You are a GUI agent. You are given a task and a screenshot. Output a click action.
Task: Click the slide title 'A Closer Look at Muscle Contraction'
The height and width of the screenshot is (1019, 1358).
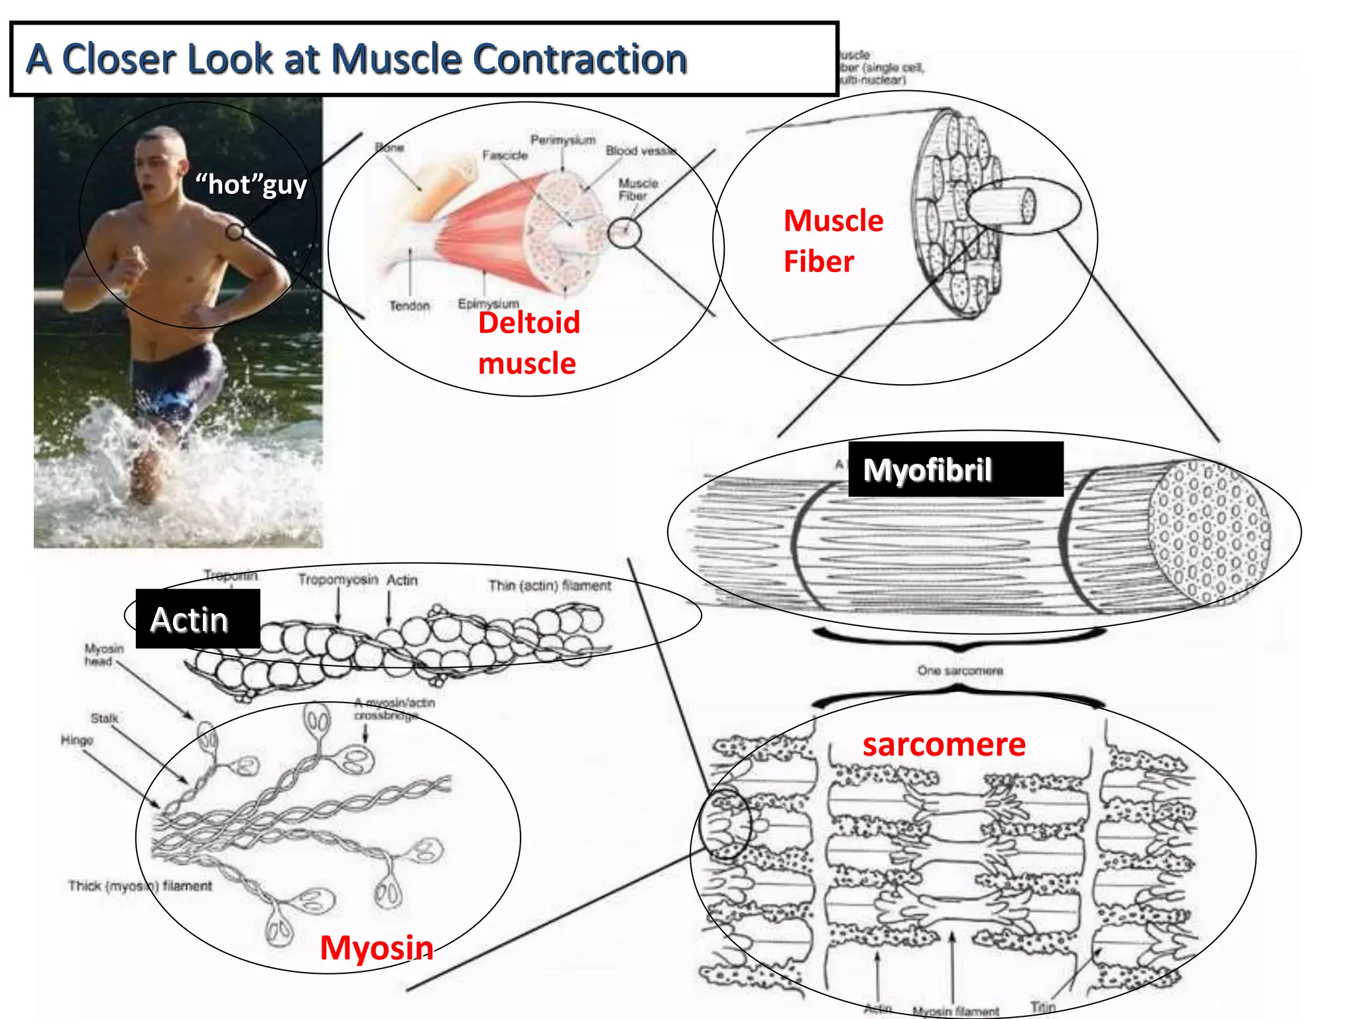(356, 59)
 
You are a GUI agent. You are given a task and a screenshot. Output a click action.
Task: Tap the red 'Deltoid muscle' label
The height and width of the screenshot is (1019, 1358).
(528, 343)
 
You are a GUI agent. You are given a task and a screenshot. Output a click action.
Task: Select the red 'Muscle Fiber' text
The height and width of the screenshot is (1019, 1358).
(833, 241)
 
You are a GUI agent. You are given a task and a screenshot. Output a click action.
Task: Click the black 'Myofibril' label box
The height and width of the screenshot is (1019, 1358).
(955, 470)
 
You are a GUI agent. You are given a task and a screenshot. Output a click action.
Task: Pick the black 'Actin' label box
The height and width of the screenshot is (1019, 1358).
(197, 620)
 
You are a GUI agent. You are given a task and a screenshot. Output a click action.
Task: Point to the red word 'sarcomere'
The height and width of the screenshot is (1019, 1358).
(944, 744)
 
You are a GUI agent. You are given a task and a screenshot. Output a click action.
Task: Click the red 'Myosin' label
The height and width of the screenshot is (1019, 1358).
(376, 947)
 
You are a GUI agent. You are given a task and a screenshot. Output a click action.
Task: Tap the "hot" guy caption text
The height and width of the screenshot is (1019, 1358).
(251, 184)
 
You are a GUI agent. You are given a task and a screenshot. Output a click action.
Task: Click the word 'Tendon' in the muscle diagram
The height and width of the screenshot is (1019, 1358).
(409, 306)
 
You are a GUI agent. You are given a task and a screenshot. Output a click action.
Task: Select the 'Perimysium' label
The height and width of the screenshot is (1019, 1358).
(562, 141)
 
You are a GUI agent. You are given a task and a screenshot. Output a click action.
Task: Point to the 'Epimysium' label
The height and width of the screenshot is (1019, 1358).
(488, 303)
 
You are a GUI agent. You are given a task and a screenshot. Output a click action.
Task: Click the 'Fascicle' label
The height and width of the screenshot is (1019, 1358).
(505, 155)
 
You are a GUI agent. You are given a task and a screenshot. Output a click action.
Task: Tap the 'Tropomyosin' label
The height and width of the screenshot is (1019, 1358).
(338, 580)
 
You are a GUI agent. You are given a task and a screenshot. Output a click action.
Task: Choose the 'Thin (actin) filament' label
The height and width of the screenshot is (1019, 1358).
(550, 585)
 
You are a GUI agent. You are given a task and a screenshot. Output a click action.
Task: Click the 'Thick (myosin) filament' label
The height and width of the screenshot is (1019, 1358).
(140, 886)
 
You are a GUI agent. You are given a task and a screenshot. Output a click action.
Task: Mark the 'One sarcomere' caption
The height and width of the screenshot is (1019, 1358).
(959, 671)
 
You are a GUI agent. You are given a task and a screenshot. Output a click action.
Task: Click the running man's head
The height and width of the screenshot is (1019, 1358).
(159, 163)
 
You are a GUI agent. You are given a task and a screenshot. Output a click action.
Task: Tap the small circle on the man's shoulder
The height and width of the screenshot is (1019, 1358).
(235, 232)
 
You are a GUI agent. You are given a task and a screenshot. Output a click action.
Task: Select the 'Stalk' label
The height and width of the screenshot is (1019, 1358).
(104, 718)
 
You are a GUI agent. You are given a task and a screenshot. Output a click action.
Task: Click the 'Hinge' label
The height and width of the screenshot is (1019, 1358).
(77, 740)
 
